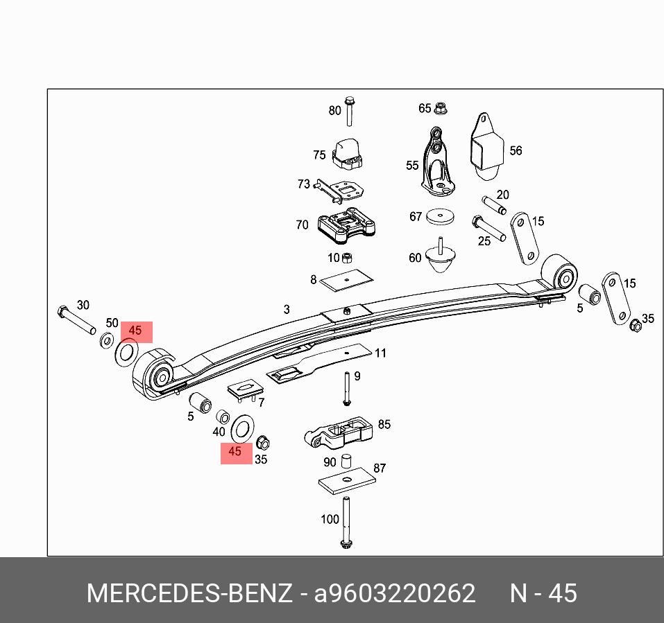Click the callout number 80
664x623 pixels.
point(335,111)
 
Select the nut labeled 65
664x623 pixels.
point(441,108)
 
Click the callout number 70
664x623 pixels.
point(302,225)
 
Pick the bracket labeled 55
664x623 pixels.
point(436,162)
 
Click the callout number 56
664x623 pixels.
point(516,151)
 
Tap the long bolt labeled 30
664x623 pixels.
point(76,319)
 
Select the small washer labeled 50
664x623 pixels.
point(108,340)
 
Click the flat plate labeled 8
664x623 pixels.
point(348,279)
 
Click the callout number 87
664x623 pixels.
point(380,468)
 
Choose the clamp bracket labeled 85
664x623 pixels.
point(340,434)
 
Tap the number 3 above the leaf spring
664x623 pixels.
point(287,310)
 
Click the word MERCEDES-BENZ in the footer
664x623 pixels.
point(189,594)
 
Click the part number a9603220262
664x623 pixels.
point(395,594)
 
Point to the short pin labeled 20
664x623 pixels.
point(493,205)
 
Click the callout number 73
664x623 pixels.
point(304,184)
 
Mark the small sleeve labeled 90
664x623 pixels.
point(348,461)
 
